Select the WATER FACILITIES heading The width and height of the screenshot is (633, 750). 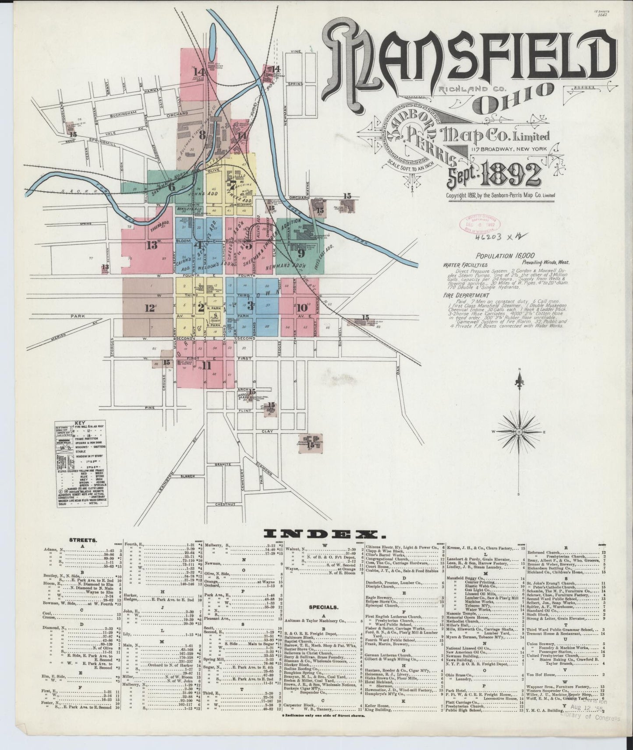(465, 265)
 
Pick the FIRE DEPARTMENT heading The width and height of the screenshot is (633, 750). (465, 296)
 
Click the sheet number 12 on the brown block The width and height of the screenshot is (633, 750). (150, 308)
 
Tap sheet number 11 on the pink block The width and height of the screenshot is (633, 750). (206, 365)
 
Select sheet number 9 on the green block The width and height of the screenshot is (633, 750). (301, 253)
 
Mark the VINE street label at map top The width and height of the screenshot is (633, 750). (296, 51)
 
